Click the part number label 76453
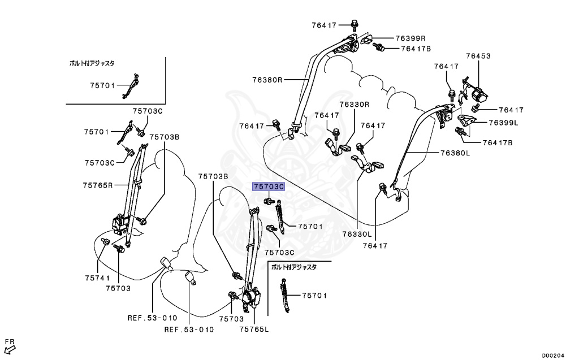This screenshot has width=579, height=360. pos(478,56)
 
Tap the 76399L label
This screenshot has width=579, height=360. pos(504,122)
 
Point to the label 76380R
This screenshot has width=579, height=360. pos(267,80)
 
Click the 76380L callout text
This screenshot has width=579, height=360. pos(455,153)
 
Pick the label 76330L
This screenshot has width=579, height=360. pos(357,233)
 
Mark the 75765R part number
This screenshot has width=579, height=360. pos(98,185)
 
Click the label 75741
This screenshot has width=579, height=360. pos(97,278)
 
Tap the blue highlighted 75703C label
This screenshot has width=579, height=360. pos(269,186)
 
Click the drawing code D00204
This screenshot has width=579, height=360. pos(553,355)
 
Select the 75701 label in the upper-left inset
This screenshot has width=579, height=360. pos(102,85)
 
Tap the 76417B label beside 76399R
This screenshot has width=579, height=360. pos(416,49)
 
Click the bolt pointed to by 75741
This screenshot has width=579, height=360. pos(106,242)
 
